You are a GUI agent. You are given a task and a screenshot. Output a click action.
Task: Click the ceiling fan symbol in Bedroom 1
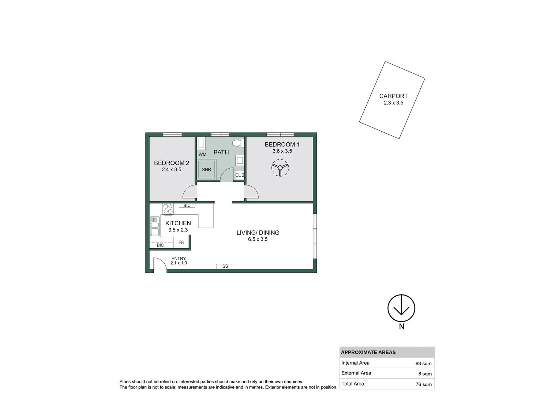pos(280,168)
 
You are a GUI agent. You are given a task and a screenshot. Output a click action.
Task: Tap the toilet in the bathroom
pos(237,143)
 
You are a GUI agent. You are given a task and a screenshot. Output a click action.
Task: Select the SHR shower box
pos(206,169)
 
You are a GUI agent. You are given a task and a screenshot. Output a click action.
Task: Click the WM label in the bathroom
pos(202,154)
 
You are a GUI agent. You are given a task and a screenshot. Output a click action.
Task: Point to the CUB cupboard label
pos(240,175)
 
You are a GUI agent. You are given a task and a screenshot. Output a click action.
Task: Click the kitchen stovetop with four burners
pos(168,209)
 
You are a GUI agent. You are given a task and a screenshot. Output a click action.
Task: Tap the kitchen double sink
pos(155,226)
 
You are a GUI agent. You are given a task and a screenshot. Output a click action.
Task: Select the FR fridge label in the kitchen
pos(181,242)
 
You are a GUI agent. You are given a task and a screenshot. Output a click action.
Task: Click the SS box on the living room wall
pos(225,266)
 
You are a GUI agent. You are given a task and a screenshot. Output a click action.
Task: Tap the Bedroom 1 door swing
pos(251,192)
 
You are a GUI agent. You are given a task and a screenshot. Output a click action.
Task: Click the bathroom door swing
pos(227,175)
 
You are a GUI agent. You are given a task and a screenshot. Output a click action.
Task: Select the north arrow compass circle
pos(401,308)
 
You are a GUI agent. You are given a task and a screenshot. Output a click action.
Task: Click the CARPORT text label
pos(393,96)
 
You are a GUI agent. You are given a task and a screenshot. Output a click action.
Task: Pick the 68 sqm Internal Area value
pos(423,364)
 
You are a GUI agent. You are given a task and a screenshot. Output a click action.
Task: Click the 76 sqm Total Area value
pos(423,384)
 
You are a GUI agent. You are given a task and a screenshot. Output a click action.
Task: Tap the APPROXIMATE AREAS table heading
pos(368,353)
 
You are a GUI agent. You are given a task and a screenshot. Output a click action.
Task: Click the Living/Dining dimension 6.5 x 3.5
pos(258,239)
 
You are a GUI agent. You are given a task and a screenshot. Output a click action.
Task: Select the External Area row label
pos(356,373)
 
